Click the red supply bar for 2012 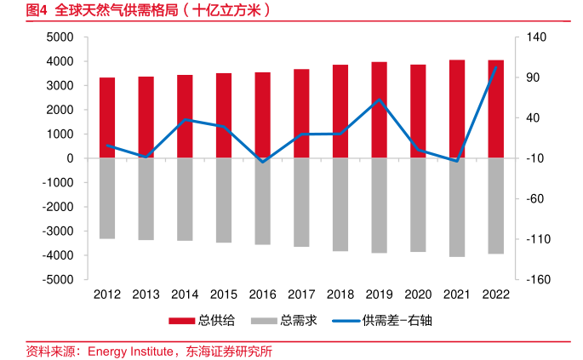(x=107, y=117)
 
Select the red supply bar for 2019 (x=379, y=110)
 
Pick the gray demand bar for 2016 (x=262, y=201)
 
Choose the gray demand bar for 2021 (x=457, y=207)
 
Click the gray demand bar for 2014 (x=185, y=199)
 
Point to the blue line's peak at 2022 (x=495, y=67)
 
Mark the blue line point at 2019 (x=379, y=100)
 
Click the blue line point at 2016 (x=262, y=162)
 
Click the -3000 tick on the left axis (x=58, y=231)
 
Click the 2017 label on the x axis (x=301, y=294)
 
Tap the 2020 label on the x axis (x=418, y=294)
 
